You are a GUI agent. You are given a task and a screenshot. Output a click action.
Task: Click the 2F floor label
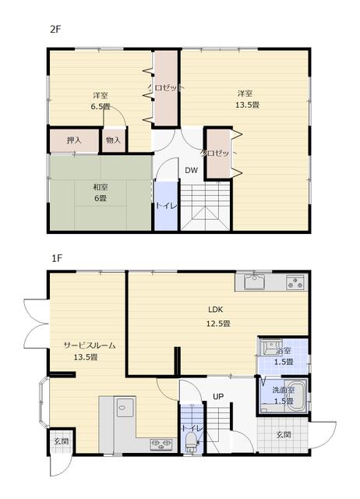coord(55,30)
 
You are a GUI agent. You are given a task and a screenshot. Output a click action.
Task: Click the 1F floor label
coord(57,258)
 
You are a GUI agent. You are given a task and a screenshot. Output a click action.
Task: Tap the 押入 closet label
coord(74,140)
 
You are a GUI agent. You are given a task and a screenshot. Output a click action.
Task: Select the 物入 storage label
coord(113,140)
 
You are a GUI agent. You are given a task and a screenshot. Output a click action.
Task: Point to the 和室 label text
coord(101,187)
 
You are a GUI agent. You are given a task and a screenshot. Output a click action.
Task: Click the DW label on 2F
coord(192,170)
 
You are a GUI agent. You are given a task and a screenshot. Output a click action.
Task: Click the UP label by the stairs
coord(218,397)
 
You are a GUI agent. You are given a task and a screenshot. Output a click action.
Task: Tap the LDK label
coord(216,310)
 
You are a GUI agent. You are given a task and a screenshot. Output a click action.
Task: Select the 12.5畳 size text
coord(218,324)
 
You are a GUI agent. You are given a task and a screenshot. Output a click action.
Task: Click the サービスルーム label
coord(90,345)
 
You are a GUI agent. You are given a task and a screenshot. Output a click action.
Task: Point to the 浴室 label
coord(284,352)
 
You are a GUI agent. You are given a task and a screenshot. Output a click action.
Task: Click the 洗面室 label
coord(284,390)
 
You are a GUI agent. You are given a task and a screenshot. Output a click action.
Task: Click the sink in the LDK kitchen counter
coord(255,282)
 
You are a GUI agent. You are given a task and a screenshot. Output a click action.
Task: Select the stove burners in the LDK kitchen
coord(295,282)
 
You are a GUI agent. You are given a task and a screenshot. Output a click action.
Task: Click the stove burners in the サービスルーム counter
coord(161,444)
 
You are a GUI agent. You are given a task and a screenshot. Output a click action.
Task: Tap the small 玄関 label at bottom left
coord(61,441)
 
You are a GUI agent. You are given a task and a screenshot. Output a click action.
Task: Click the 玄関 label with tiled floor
coord(284,434)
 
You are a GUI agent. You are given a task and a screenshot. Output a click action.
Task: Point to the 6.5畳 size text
coord(101,107)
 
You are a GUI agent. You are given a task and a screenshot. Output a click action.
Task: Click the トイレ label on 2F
coord(166,206)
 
